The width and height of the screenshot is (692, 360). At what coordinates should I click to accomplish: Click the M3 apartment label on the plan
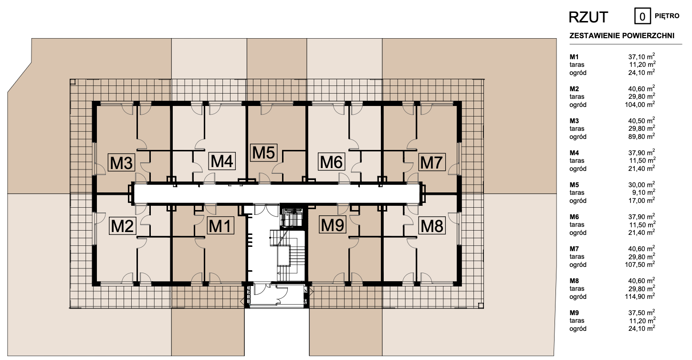(121, 162)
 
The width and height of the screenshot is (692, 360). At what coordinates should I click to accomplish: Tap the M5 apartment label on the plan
(263, 152)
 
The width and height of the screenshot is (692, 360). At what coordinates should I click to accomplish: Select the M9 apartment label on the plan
(332, 225)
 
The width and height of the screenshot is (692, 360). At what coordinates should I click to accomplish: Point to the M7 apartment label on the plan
(432, 162)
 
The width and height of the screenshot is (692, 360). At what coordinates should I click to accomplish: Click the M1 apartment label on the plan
(220, 225)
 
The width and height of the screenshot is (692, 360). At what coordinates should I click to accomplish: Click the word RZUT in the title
(588, 17)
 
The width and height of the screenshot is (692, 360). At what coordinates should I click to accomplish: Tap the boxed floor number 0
(642, 16)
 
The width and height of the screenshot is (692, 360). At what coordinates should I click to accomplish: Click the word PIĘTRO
(667, 16)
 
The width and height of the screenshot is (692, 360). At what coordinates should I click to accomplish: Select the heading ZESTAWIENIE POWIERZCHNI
(622, 35)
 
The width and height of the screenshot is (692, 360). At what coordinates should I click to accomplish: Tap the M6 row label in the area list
(574, 217)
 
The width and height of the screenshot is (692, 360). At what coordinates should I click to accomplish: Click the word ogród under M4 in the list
(577, 169)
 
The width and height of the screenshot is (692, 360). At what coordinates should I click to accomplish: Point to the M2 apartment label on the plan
(122, 225)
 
